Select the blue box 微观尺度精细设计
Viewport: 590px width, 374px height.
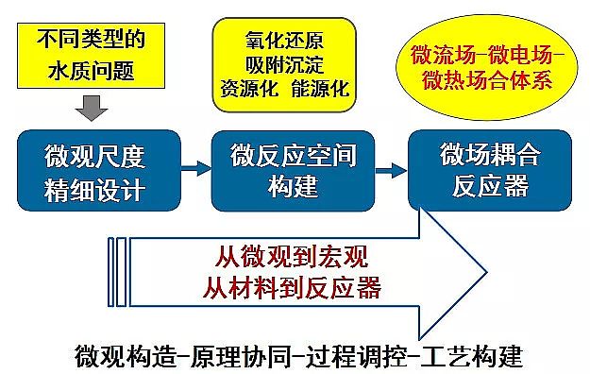[94, 170]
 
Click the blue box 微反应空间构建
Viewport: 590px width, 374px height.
[287, 170]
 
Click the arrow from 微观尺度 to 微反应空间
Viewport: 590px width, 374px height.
[192, 170]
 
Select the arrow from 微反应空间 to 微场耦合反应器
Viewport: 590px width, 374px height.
[387, 170]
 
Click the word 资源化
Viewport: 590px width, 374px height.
[248, 91]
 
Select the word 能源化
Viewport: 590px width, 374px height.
[322, 91]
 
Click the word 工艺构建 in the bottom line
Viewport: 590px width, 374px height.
[472, 357]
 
